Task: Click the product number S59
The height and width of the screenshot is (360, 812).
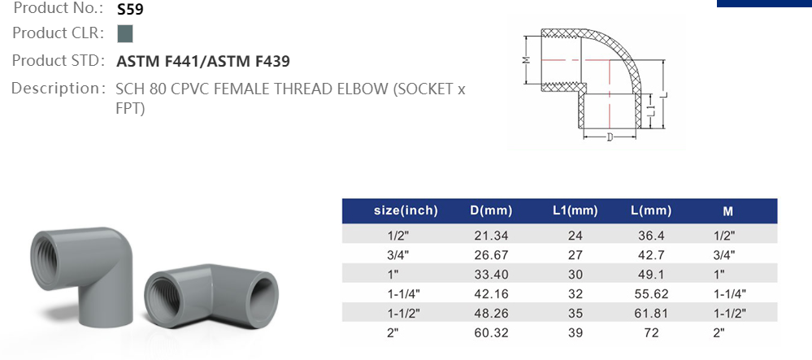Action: coord(131,10)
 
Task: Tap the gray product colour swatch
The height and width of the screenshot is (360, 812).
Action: coord(124,34)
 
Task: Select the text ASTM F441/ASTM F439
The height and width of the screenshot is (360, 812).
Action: coord(203,61)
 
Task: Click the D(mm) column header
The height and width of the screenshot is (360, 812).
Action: coord(491,211)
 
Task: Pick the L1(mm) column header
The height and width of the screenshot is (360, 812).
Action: coord(575,211)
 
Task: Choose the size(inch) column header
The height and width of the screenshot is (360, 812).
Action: coord(406,211)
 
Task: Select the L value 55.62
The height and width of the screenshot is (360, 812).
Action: coord(651,293)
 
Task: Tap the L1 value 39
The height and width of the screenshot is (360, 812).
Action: coord(575,332)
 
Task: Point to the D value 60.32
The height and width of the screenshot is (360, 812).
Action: coord(491,332)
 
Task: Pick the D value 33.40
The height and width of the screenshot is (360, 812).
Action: coord(491,274)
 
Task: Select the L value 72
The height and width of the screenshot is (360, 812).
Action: coord(651,332)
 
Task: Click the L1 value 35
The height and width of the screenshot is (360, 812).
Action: coord(575,313)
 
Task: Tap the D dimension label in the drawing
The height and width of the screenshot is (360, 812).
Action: coord(610,136)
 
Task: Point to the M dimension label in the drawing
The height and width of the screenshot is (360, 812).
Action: coord(526,60)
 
